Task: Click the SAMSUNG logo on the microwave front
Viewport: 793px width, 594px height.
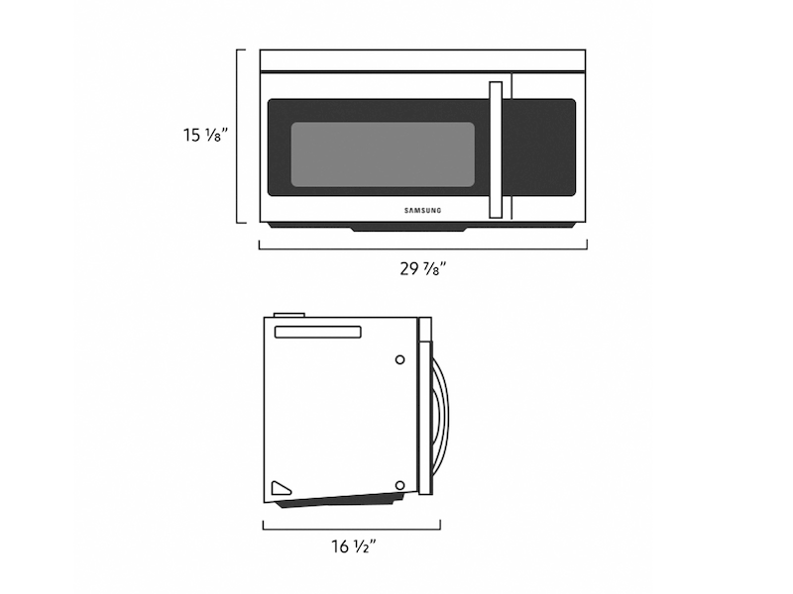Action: point(423,209)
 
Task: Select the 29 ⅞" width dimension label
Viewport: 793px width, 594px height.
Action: point(423,268)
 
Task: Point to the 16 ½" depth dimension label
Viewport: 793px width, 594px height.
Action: point(352,545)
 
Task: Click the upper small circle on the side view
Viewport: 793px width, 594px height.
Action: point(399,360)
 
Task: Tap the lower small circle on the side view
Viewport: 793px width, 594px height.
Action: point(398,485)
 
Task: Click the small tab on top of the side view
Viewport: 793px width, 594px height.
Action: point(287,316)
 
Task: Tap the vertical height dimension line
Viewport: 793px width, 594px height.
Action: point(239,136)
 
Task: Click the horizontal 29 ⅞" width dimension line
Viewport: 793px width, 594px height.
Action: point(423,247)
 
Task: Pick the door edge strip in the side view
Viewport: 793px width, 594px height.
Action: point(425,406)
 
